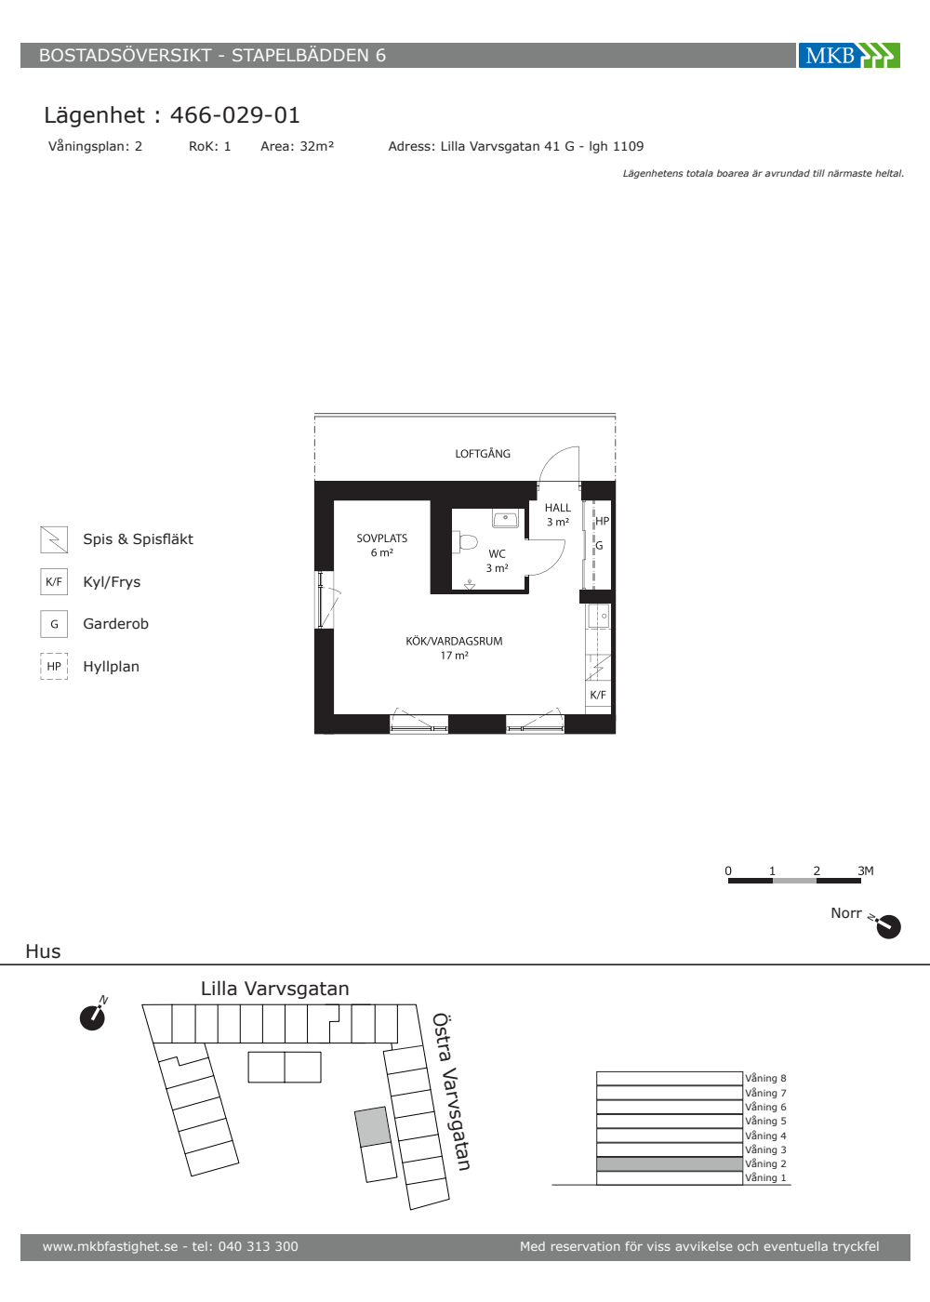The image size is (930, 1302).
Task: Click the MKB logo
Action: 849,55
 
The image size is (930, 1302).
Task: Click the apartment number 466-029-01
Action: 234,115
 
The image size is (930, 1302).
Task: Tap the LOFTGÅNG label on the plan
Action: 483,454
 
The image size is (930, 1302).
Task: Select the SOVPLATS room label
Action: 382,538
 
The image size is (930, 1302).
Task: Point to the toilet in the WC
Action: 466,541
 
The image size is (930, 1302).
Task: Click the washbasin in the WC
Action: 505,519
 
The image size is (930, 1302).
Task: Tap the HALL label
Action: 557,508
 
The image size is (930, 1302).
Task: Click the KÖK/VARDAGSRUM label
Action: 454,641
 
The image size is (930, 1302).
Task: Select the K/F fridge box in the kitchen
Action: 598,695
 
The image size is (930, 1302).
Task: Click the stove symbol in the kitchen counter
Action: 598,668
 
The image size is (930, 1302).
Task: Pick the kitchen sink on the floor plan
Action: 599,616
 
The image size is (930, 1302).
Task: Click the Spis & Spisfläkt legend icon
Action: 54,539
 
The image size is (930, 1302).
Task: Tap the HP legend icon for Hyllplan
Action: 54,666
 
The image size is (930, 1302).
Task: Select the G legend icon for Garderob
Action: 54,624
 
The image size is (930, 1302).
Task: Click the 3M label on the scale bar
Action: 866,870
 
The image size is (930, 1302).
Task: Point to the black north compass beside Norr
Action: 888,926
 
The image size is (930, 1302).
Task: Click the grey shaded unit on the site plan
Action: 372,1126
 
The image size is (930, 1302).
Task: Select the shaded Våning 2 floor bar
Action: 670,1163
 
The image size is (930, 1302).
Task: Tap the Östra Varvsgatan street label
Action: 451,1092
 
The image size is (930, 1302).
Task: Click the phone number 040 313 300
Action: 259,1246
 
